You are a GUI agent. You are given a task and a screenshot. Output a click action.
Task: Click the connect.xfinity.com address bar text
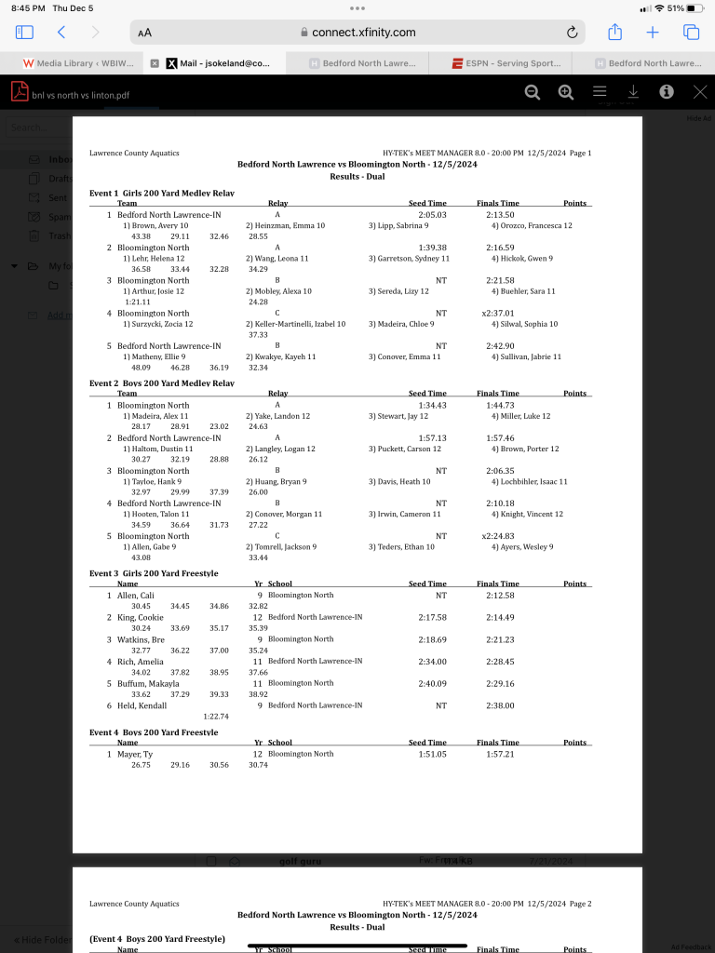tap(363, 32)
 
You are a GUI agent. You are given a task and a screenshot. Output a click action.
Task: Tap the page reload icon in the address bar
tap(572, 32)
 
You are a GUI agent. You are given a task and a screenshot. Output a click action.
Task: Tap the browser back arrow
tap(61, 32)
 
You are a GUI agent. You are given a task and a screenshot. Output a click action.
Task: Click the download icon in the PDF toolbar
tap(633, 91)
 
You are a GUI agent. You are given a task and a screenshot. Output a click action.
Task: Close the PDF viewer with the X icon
tap(700, 91)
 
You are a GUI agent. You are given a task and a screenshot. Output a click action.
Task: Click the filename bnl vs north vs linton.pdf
tap(81, 94)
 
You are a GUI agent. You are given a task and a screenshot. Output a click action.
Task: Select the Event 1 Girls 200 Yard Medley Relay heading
tap(161, 193)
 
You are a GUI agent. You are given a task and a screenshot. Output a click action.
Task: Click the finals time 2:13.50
tap(500, 215)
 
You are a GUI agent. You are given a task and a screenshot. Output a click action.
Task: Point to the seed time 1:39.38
tap(433, 248)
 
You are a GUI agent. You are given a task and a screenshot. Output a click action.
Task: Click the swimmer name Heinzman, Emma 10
tap(285, 226)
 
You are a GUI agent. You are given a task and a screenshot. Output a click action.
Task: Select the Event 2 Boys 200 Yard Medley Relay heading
tap(161, 383)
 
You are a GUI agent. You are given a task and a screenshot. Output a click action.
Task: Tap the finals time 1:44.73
tap(500, 406)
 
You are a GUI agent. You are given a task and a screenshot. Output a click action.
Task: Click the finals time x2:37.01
tap(498, 314)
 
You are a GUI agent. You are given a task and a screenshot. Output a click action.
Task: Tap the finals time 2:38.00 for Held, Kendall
tap(500, 705)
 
